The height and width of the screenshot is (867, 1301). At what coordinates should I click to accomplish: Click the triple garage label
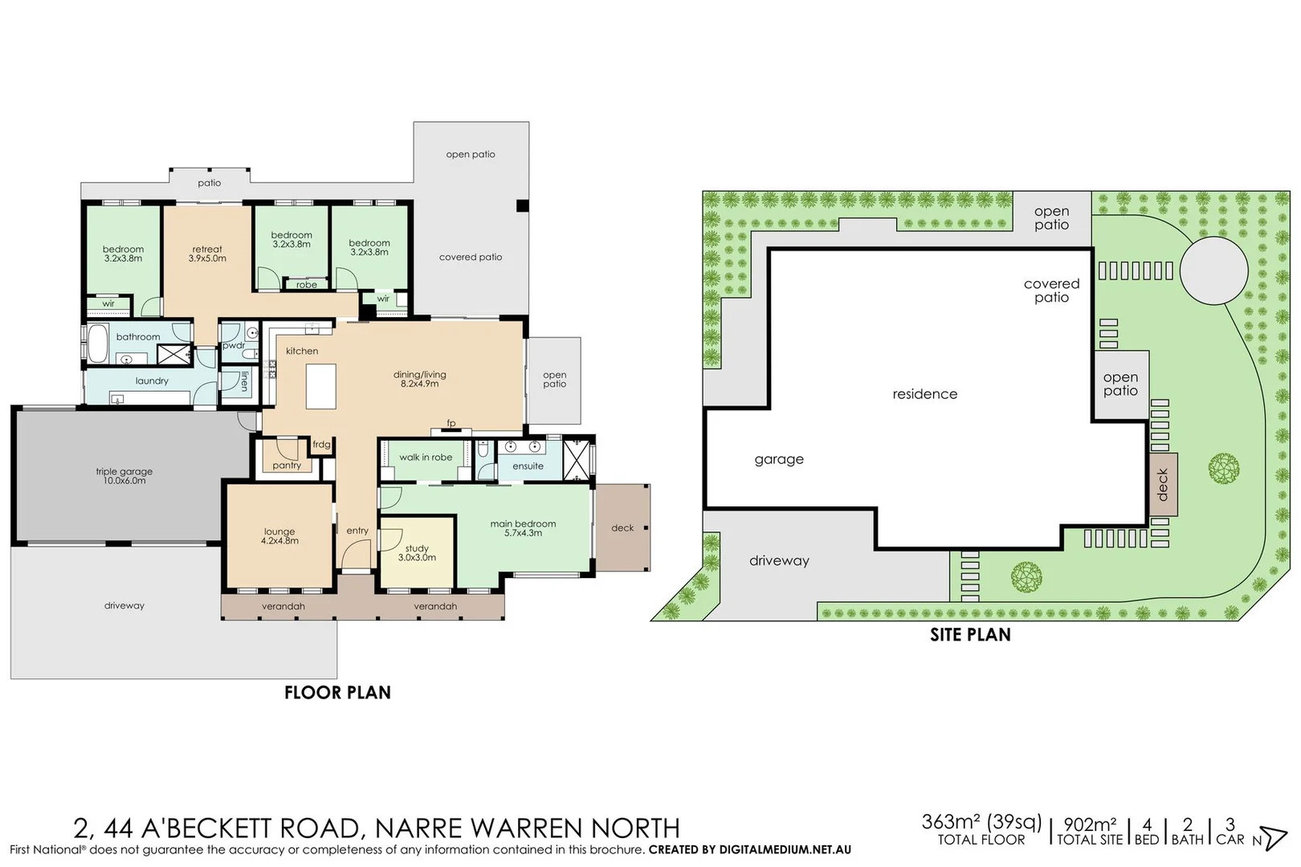tap(124, 472)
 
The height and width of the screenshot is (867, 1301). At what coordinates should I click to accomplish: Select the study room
tap(417, 552)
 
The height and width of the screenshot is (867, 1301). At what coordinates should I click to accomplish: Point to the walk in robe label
tap(426, 458)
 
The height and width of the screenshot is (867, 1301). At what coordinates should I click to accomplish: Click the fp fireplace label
tap(451, 423)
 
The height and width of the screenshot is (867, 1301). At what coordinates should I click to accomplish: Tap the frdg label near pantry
tap(321, 445)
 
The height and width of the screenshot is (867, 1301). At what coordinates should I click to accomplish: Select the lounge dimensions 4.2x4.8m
tap(279, 541)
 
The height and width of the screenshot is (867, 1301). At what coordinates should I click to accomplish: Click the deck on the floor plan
tap(622, 527)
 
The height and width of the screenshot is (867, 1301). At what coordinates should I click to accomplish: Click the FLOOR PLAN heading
tap(337, 693)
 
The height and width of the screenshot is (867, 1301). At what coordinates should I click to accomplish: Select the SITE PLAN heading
tap(970, 635)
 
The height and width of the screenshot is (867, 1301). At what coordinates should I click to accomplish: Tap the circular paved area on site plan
tap(1213, 271)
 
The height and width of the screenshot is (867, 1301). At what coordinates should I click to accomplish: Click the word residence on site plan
tap(924, 394)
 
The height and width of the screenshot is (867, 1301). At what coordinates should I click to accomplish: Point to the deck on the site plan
tap(1163, 484)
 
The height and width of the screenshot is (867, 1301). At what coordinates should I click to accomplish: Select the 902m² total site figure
tap(1090, 824)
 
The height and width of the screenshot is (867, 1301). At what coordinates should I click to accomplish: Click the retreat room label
tap(207, 250)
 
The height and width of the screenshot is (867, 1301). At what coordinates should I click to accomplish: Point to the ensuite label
tap(528, 466)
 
